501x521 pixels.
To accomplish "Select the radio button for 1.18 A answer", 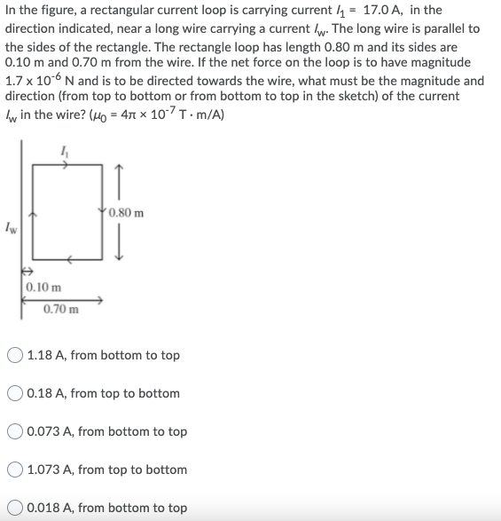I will coord(15,355).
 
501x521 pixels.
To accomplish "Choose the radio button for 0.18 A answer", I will coord(15,393).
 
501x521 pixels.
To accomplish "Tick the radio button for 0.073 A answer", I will coord(15,431).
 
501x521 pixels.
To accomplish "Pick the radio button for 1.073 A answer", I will coord(15,470).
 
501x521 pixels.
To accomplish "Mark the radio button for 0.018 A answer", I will coord(15,508).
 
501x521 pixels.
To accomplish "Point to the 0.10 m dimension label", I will coord(43,287).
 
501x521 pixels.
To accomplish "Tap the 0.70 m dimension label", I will coord(60,310).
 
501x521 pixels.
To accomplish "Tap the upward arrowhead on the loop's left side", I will coord(33,214).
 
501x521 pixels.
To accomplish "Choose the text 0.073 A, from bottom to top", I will coord(107,431).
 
